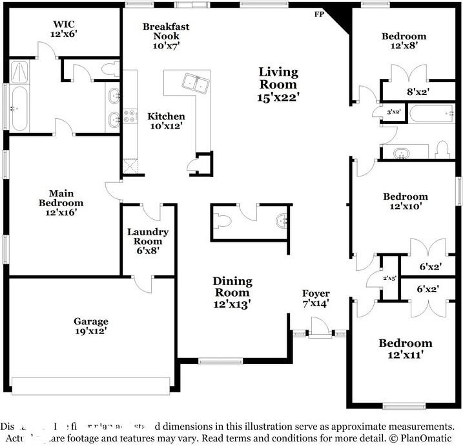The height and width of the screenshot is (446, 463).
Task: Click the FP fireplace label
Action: click(x=319, y=14)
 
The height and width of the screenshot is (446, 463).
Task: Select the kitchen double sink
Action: click(x=194, y=82)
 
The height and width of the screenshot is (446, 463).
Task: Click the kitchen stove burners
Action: click(x=132, y=117)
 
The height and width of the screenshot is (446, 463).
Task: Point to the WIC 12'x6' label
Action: click(x=65, y=30)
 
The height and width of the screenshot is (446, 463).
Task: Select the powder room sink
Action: click(x=282, y=221)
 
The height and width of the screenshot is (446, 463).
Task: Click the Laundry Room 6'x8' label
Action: click(x=147, y=241)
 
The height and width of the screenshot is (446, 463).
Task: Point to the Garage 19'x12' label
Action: click(x=90, y=326)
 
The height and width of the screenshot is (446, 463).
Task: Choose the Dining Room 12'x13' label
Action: click(x=232, y=292)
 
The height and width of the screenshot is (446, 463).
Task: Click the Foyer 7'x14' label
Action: click(x=316, y=298)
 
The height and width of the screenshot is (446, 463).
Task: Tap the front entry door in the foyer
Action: click(x=318, y=334)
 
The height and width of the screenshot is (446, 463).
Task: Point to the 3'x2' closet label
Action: click(x=393, y=111)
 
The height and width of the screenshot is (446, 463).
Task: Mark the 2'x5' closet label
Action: click(x=389, y=277)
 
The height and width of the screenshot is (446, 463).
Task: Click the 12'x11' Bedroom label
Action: click(x=405, y=348)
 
